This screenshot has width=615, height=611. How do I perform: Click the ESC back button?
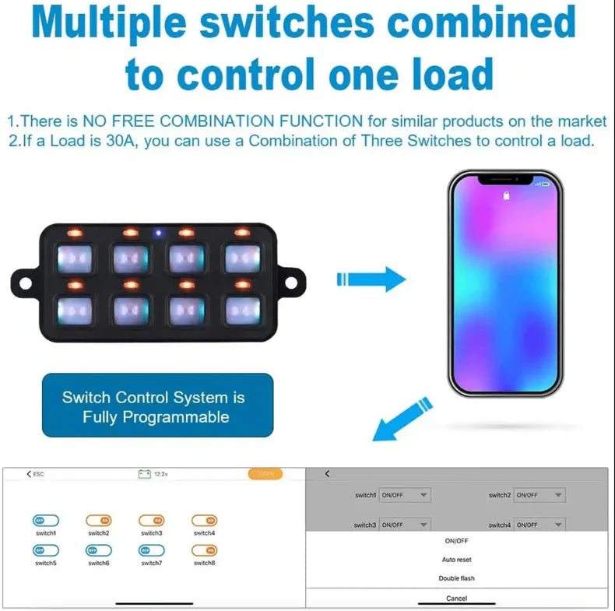coord(35,474)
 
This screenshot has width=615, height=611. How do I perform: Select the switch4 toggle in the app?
coord(204,520)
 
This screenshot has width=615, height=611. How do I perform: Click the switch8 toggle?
coord(204,550)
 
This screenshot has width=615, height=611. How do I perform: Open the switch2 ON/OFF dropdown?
coord(539,495)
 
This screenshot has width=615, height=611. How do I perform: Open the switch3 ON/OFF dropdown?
coord(404,525)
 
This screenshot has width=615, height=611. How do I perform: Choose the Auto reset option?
coord(456,560)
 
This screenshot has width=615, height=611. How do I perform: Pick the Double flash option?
coord(456,578)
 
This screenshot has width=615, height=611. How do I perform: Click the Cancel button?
coord(456,598)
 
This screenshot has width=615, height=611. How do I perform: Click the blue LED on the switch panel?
coord(159,233)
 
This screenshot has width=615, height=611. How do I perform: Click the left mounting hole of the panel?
coord(23,279)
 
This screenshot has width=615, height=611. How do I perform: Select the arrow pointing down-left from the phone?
coord(400,419)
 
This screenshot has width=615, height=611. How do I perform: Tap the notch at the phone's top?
coord(504,181)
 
